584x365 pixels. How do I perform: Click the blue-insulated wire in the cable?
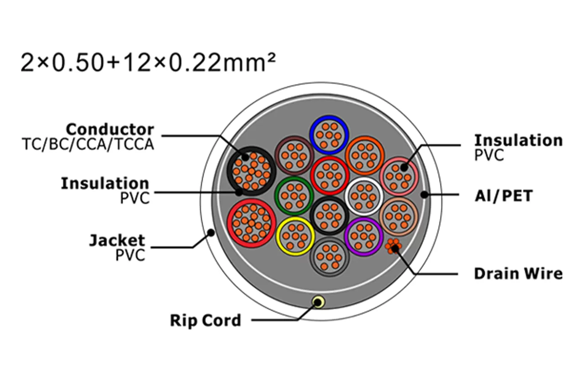click(x=329, y=135)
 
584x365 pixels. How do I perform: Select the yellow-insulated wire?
click(x=295, y=236)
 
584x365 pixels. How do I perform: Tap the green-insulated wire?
click(x=294, y=196)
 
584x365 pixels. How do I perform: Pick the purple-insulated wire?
click(x=364, y=237)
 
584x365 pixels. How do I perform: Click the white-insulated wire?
click(x=364, y=197)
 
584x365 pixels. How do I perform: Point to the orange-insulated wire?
click(x=365, y=156)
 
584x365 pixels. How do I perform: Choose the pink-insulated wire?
click(x=399, y=177)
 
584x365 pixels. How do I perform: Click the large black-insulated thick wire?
click(x=251, y=171)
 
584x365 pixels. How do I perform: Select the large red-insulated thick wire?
click(x=251, y=223)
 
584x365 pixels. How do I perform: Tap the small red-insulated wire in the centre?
click(x=329, y=176)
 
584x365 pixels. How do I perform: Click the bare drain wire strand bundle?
click(x=394, y=246)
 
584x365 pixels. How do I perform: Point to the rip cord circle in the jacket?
click(x=318, y=302)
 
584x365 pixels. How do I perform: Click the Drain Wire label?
click(x=518, y=274)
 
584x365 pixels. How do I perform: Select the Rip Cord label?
click(x=205, y=320)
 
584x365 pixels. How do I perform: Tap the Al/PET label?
click(x=504, y=196)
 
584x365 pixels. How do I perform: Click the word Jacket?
click(x=117, y=241)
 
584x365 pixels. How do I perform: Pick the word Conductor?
click(x=110, y=129)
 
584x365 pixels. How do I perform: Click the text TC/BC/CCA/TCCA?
click(x=88, y=144)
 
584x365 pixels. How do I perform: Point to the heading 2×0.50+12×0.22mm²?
click(x=148, y=63)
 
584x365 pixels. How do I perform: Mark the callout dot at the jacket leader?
click(x=211, y=232)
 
